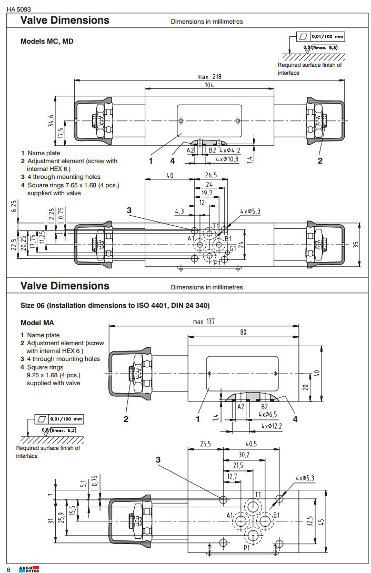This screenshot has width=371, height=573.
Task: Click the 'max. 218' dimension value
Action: [209, 76]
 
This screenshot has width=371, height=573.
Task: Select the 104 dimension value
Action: [209, 85]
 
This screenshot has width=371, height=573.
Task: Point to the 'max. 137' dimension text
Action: [203, 321]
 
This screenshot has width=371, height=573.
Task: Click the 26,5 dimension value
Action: [210, 176]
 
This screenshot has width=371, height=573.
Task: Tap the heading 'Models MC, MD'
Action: [47, 41]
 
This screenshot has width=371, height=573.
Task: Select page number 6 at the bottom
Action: [8, 569]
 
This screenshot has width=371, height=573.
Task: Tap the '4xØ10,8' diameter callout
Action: [227, 158]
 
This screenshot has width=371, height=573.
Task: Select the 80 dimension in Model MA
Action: [243, 333]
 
